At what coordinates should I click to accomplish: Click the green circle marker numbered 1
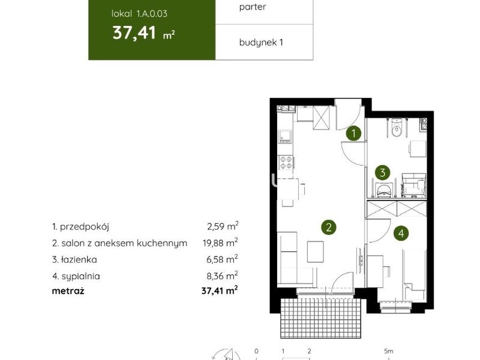click(353, 133)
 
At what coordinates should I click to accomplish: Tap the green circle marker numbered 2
click(329, 227)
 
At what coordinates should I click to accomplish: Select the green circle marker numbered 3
click(382, 173)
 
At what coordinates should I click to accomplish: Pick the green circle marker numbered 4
click(401, 233)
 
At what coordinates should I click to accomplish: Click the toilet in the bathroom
click(397, 128)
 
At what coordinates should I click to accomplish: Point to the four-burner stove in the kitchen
click(286, 162)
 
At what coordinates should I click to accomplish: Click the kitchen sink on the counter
click(285, 136)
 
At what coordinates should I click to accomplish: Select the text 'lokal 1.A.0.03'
click(139, 13)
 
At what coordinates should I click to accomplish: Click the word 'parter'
click(253, 7)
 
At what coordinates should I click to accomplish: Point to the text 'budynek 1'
click(261, 42)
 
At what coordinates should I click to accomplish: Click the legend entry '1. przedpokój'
click(80, 227)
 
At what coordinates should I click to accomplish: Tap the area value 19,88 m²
click(220, 243)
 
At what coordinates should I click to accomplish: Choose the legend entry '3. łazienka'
click(74, 260)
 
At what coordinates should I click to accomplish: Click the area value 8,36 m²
click(223, 276)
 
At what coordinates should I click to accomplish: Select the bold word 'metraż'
click(68, 290)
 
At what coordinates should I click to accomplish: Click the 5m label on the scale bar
click(389, 351)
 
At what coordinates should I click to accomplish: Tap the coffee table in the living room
click(316, 251)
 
